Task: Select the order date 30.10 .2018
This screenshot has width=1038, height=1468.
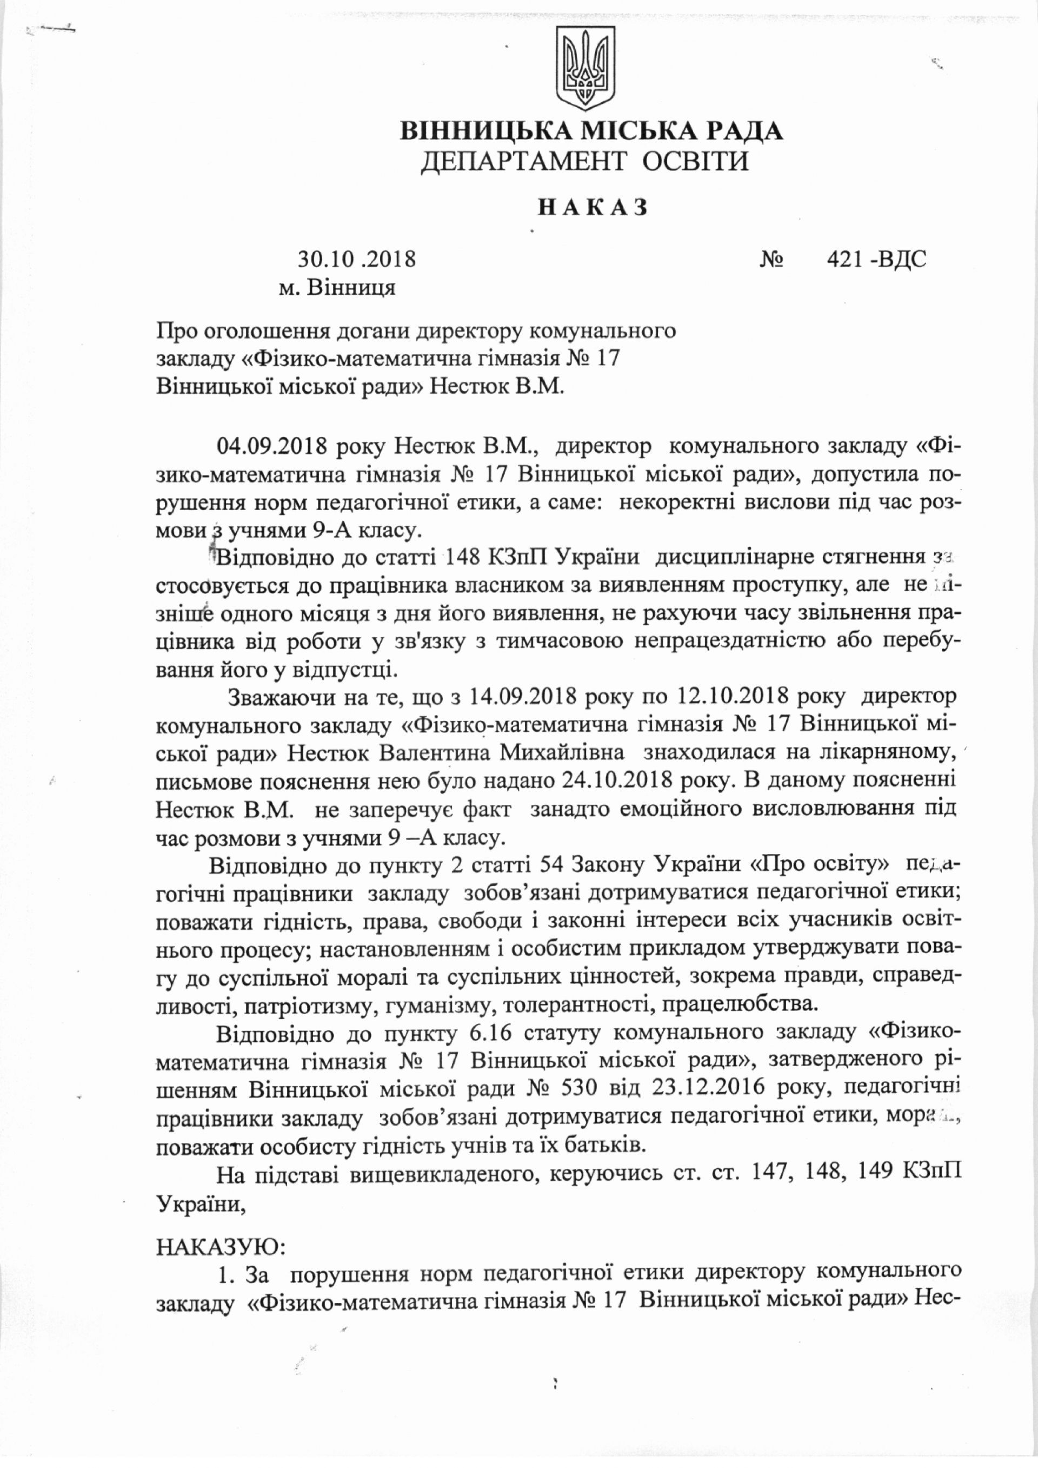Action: point(357,260)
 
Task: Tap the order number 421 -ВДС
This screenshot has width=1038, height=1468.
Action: point(876,259)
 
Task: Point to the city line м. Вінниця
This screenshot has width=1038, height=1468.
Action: point(337,288)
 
